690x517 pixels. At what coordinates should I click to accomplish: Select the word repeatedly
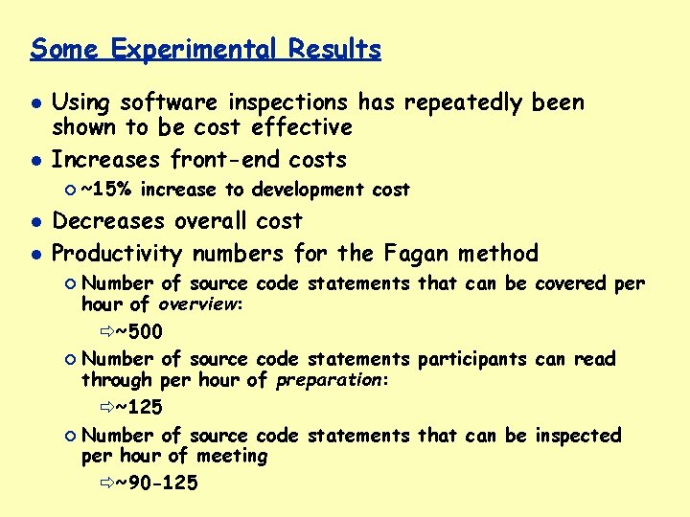point(464,103)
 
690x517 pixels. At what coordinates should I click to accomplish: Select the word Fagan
point(416,254)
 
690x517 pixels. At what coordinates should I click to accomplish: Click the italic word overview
point(198,305)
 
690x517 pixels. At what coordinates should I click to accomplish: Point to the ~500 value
point(139,332)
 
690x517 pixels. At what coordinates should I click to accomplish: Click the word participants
point(471,359)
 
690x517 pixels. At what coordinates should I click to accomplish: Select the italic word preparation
point(329,381)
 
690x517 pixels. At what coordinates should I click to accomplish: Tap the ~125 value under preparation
point(139,408)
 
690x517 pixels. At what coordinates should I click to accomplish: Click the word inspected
point(578,436)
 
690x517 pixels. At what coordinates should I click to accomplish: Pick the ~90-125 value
point(156,483)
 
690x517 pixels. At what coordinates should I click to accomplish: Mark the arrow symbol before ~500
point(105,332)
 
